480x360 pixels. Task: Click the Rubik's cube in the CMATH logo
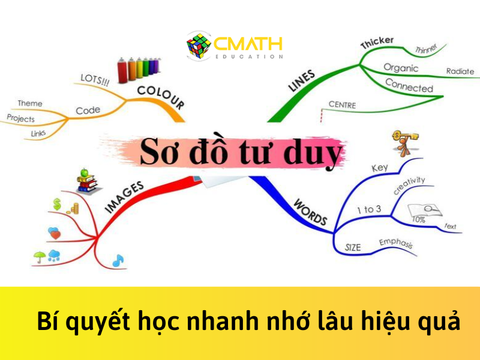pos(199,46)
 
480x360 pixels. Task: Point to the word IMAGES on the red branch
pos(125,197)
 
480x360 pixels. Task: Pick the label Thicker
pos(377,43)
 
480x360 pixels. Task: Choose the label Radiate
pos(460,71)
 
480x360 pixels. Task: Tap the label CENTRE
pos(342,106)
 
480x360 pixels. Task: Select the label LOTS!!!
pos(95,80)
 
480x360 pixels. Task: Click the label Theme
pos(30,103)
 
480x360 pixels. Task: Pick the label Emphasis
pos(395,245)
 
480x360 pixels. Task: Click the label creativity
pos(409,185)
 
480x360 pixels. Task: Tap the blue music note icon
pos(118,260)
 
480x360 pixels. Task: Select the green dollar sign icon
pos(58,205)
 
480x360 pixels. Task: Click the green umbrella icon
pos(40,257)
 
